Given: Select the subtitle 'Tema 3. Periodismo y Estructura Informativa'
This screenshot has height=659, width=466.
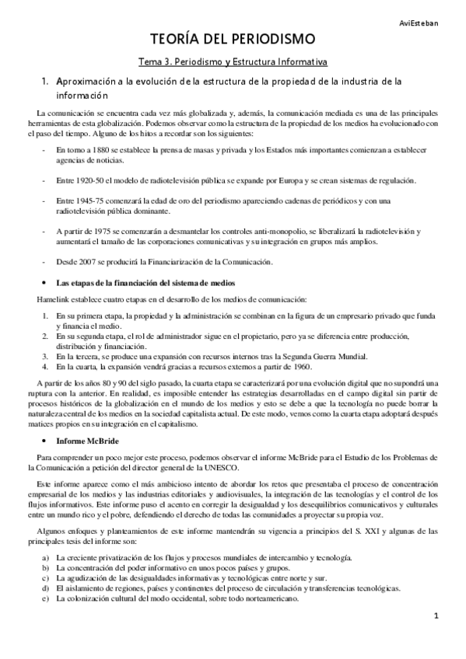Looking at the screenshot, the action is point(233,60).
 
